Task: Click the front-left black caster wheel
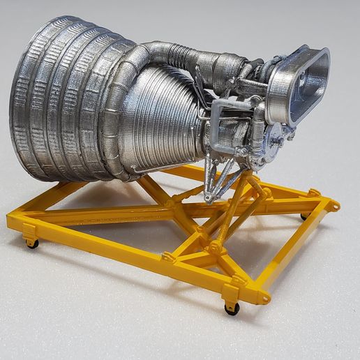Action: click(x=33, y=243)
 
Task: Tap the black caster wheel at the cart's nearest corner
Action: click(x=232, y=308)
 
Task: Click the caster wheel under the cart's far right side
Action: click(x=304, y=216)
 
